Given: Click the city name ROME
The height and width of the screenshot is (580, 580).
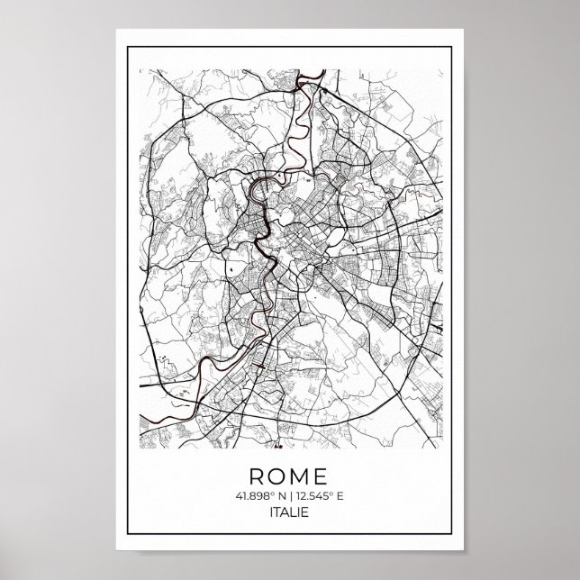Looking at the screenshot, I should tap(289, 475).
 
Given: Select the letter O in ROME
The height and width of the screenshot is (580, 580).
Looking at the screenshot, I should tap(276, 475).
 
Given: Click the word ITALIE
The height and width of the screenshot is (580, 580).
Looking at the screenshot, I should tap(290, 514).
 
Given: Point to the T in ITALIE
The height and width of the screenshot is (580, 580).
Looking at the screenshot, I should tap(278, 514).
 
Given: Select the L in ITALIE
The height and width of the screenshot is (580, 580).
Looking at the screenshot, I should tap(295, 514).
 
